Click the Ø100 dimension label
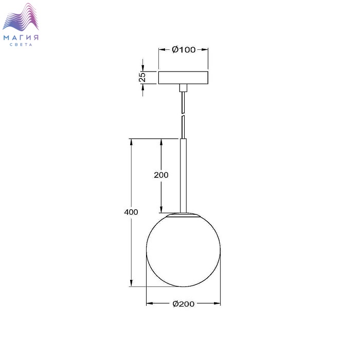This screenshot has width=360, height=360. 184,49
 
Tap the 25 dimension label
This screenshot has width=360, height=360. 142,77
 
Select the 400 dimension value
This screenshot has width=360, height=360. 131,212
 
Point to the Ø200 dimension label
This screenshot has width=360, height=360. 184,304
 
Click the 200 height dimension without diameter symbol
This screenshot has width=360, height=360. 161,175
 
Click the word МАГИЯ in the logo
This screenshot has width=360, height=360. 21,38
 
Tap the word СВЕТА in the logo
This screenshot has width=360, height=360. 21,45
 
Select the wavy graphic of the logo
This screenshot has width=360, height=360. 21,17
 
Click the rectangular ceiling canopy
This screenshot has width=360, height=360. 183,78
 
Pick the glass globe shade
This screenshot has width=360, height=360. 184,250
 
